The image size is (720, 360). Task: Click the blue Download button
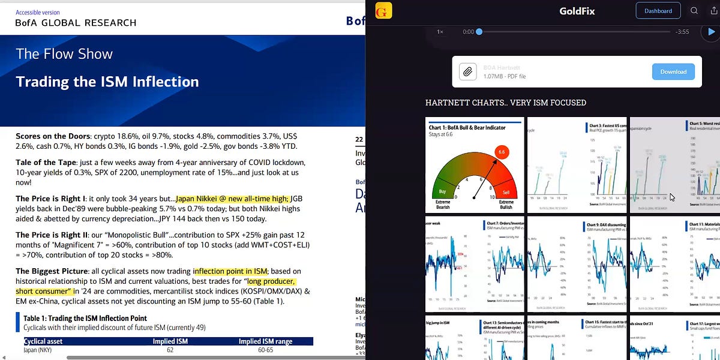[x=673, y=72]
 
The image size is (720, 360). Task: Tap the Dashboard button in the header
[x=658, y=11]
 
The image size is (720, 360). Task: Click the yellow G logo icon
[x=383, y=11]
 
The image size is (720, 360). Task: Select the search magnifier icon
[x=694, y=11]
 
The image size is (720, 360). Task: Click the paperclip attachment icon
[x=467, y=72]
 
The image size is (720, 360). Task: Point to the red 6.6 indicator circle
[x=503, y=153]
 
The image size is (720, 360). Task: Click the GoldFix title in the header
[x=577, y=11]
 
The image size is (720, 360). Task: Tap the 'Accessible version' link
[x=38, y=12]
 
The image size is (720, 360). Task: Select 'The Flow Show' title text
[x=64, y=54]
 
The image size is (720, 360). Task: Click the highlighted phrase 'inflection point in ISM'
[x=230, y=271]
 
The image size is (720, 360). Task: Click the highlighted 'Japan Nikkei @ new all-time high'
[x=232, y=199]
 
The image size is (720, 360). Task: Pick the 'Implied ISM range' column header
[x=265, y=341]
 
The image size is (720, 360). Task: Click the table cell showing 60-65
[x=265, y=350]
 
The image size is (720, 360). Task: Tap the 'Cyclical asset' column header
[x=43, y=341]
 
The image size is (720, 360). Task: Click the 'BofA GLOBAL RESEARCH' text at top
[x=76, y=23]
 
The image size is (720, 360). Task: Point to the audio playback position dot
[x=479, y=32]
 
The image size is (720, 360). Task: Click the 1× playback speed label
[x=440, y=32]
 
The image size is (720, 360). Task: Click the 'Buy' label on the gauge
[x=442, y=191]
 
